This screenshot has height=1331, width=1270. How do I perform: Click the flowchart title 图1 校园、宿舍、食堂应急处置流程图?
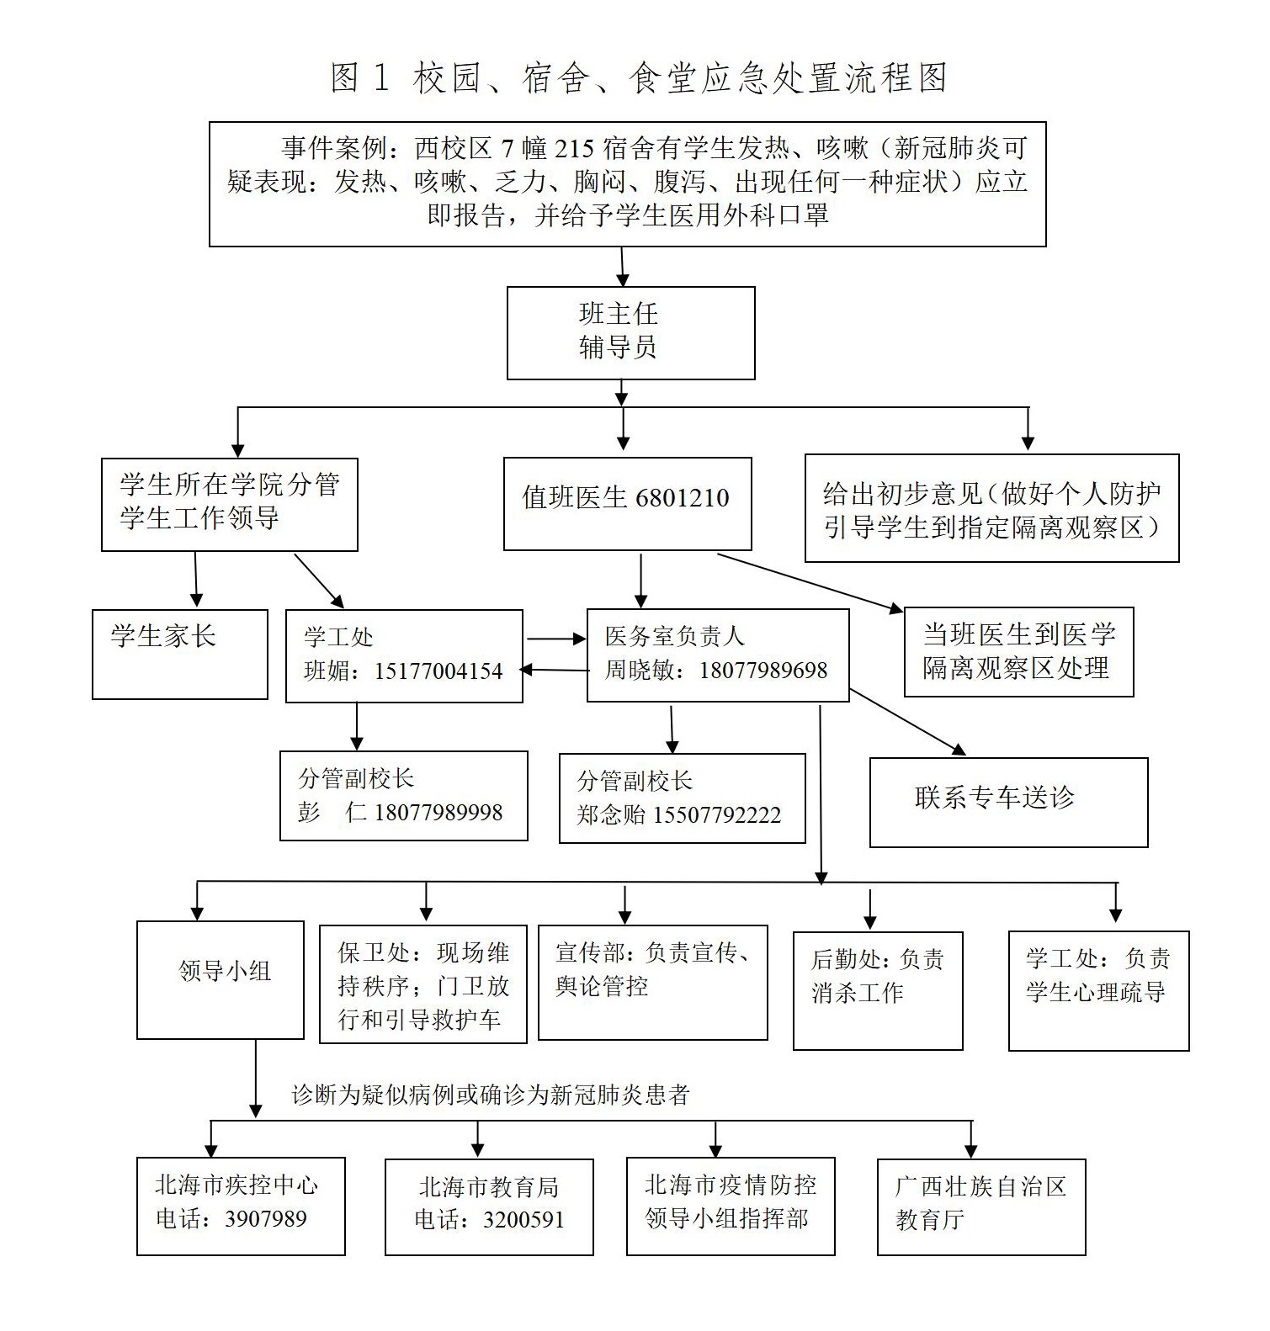click(639, 78)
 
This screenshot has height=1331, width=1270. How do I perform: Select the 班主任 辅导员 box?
click(630, 332)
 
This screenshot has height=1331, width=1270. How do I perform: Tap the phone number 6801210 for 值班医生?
click(683, 498)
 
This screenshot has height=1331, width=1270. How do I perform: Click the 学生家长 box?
click(179, 654)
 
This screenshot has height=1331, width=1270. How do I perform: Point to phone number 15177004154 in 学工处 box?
click(438, 671)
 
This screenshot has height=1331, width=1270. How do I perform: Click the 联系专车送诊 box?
click(1008, 801)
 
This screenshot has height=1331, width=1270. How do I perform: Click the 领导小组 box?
click(221, 979)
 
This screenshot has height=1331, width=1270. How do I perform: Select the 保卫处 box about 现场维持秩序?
click(422, 984)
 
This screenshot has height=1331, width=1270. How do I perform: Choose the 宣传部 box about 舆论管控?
click(652, 982)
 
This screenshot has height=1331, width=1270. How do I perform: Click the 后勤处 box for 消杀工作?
click(877, 990)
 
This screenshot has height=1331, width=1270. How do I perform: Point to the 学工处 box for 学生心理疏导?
click(1098, 990)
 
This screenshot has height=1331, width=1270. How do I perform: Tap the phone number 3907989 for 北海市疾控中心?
click(266, 1219)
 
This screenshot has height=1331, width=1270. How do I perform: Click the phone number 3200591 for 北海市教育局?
click(523, 1221)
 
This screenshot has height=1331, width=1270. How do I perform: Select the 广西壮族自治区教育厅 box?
click(980, 1206)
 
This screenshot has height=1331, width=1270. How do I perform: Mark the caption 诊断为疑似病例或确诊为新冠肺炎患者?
click(491, 1095)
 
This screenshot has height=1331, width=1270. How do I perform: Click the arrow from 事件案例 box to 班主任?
click(623, 267)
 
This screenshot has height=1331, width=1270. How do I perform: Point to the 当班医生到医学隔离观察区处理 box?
click(1018, 652)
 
